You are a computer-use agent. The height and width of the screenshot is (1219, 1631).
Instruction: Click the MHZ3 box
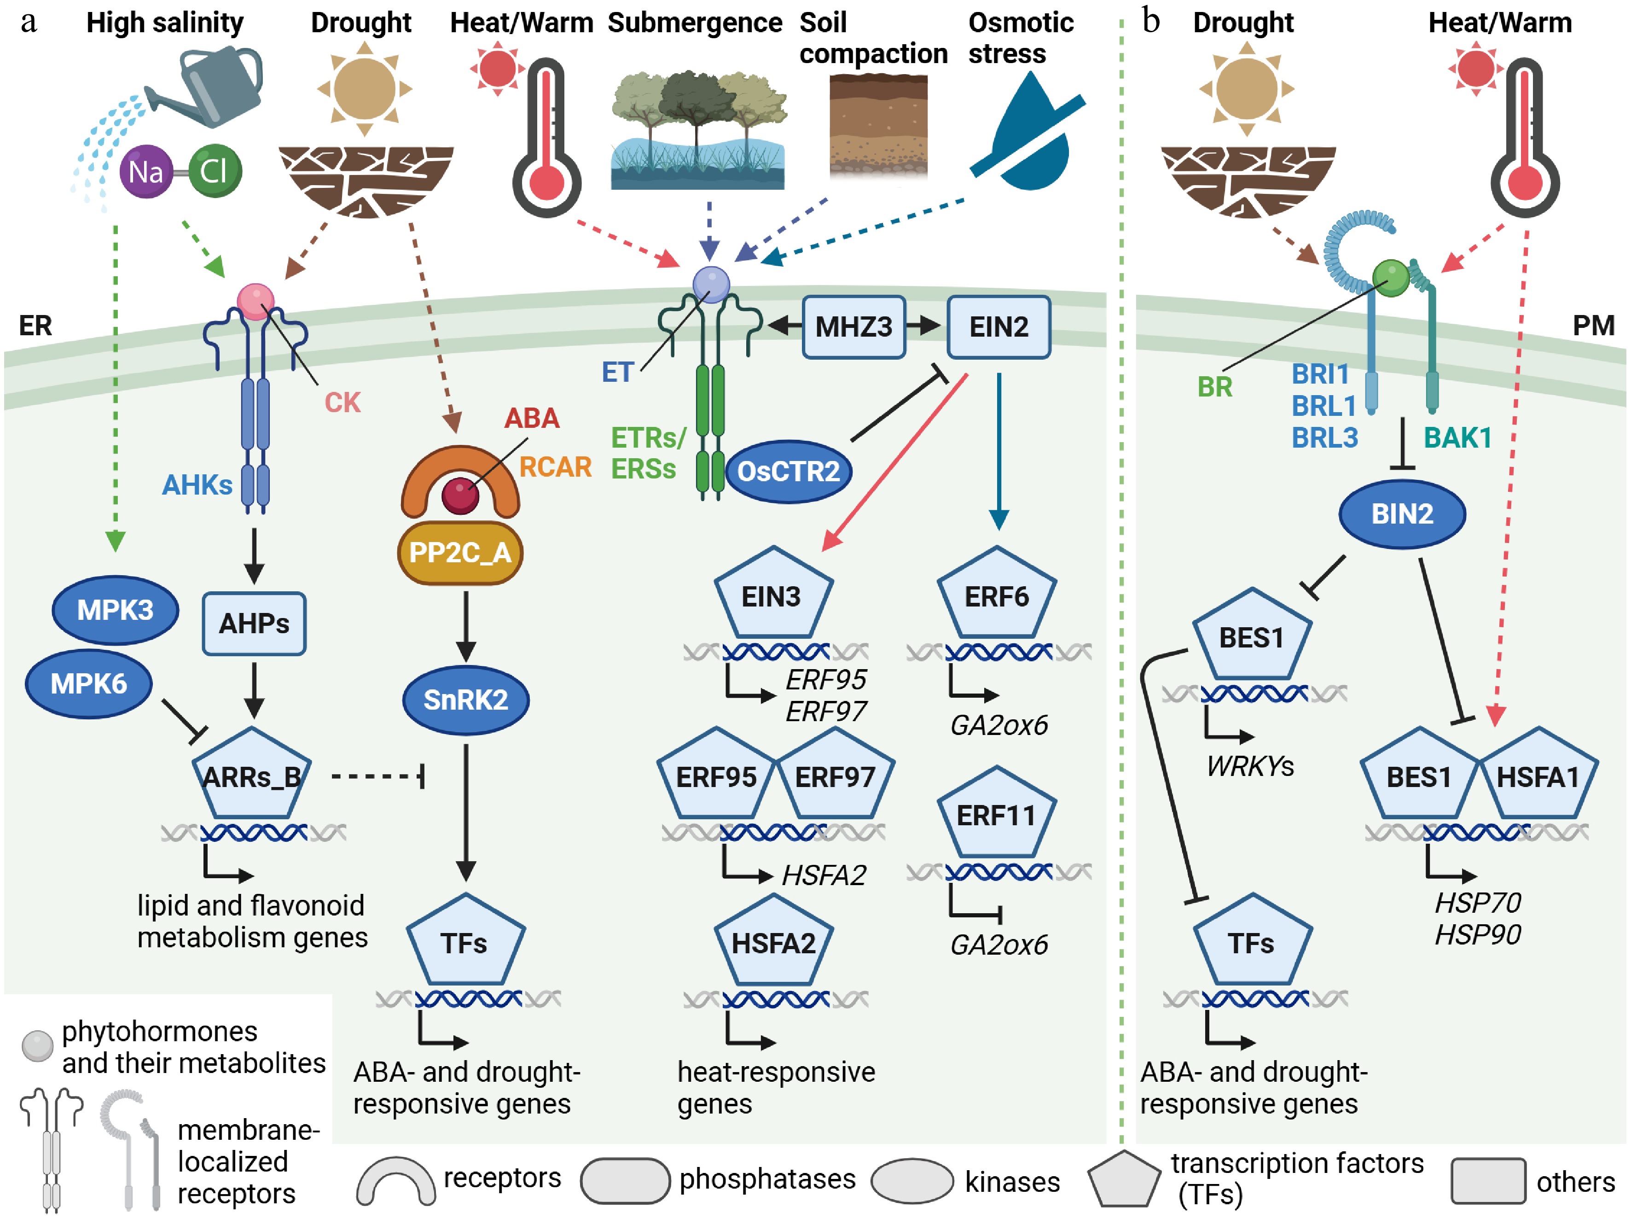click(853, 327)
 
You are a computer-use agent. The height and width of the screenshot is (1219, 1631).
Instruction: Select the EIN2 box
click(998, 327)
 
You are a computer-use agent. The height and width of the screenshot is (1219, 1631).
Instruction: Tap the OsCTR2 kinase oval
click(788, 471)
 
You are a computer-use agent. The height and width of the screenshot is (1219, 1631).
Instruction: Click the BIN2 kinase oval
click(1402, 514)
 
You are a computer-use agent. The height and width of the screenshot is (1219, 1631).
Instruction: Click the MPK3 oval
click(115, 610)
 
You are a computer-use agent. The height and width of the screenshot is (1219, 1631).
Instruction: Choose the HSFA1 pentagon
click(1538, 776)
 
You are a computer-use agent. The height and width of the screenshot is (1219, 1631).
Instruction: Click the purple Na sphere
click(146, 172)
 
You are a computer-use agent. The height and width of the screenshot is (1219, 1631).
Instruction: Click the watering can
click(214, 85)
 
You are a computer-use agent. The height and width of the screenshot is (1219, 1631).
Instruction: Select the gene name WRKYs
click(1250, 767)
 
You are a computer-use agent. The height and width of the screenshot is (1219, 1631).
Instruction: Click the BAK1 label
click(1457, 438)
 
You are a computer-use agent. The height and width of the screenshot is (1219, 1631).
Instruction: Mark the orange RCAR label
click(555, 467)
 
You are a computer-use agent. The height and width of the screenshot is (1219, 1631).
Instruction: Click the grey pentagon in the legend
click(1123, 1181)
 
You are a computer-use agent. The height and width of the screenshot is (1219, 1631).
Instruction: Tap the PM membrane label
click(1593, 325)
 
